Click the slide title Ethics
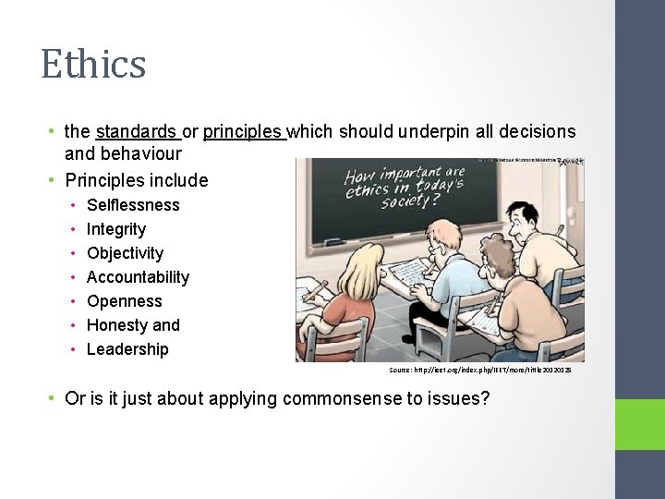pyautogui.click(x=93, y=64)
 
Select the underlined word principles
pyautogui.click(x=243, y=132)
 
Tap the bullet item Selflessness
pyautogui.click(x=133, y=205)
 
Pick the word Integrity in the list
pyautogui.click(x=116, y=229)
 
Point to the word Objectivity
pyautogui.click(x=125, y=253)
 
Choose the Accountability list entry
pyautogui.click(x=138, y=277)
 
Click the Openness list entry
pyautogui.click(x=124, y=301)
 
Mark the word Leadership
pyautogui.click(x=127, y=349)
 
